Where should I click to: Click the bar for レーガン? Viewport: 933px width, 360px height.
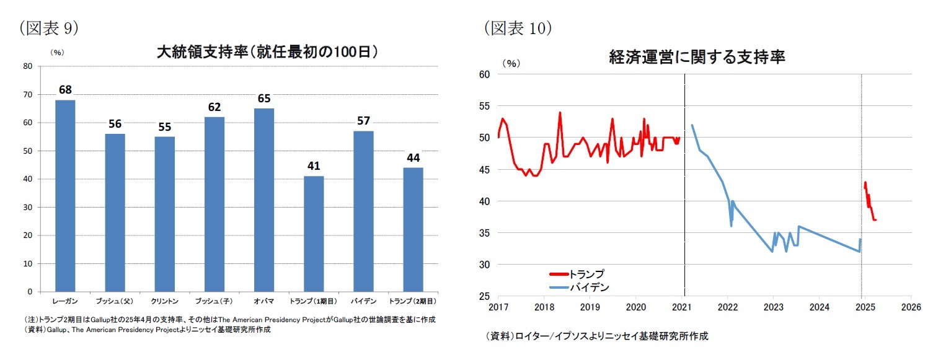[x=65, y=195]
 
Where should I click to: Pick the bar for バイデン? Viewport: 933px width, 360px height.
[x=363, y=211]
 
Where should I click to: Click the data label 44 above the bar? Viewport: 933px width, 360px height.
[x=413, y=157]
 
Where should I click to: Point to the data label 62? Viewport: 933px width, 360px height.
[x=214, y=107]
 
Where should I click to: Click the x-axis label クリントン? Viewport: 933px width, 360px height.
[x=165, y=301]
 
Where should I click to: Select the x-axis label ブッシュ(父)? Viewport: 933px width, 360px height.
[x=115, y=301]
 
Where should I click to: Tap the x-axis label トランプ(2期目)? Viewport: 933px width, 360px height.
[x=413, y=301]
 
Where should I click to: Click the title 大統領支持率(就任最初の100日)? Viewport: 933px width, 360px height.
[x=267, y=52]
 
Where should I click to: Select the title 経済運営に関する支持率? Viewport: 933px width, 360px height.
[x=697, y=58]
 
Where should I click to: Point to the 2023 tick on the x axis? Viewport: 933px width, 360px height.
[x=773, y=307]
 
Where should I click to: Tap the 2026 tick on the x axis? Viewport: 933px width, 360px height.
[x=910, y=307]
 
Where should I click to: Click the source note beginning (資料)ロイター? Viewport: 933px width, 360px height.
[x=597, y=336]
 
